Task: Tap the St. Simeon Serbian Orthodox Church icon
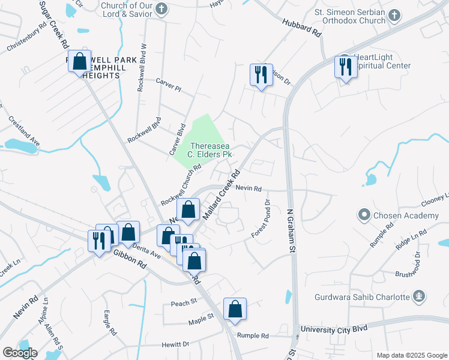coord(394,16)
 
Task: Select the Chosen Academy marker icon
coord(364,215)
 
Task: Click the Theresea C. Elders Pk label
coord(211,150)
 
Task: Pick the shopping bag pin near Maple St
coord(235,308)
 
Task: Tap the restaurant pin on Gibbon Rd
coord(98,241)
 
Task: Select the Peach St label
coord(184,302)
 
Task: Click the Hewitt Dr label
coord(175,344)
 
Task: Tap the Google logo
coord(20,353)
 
